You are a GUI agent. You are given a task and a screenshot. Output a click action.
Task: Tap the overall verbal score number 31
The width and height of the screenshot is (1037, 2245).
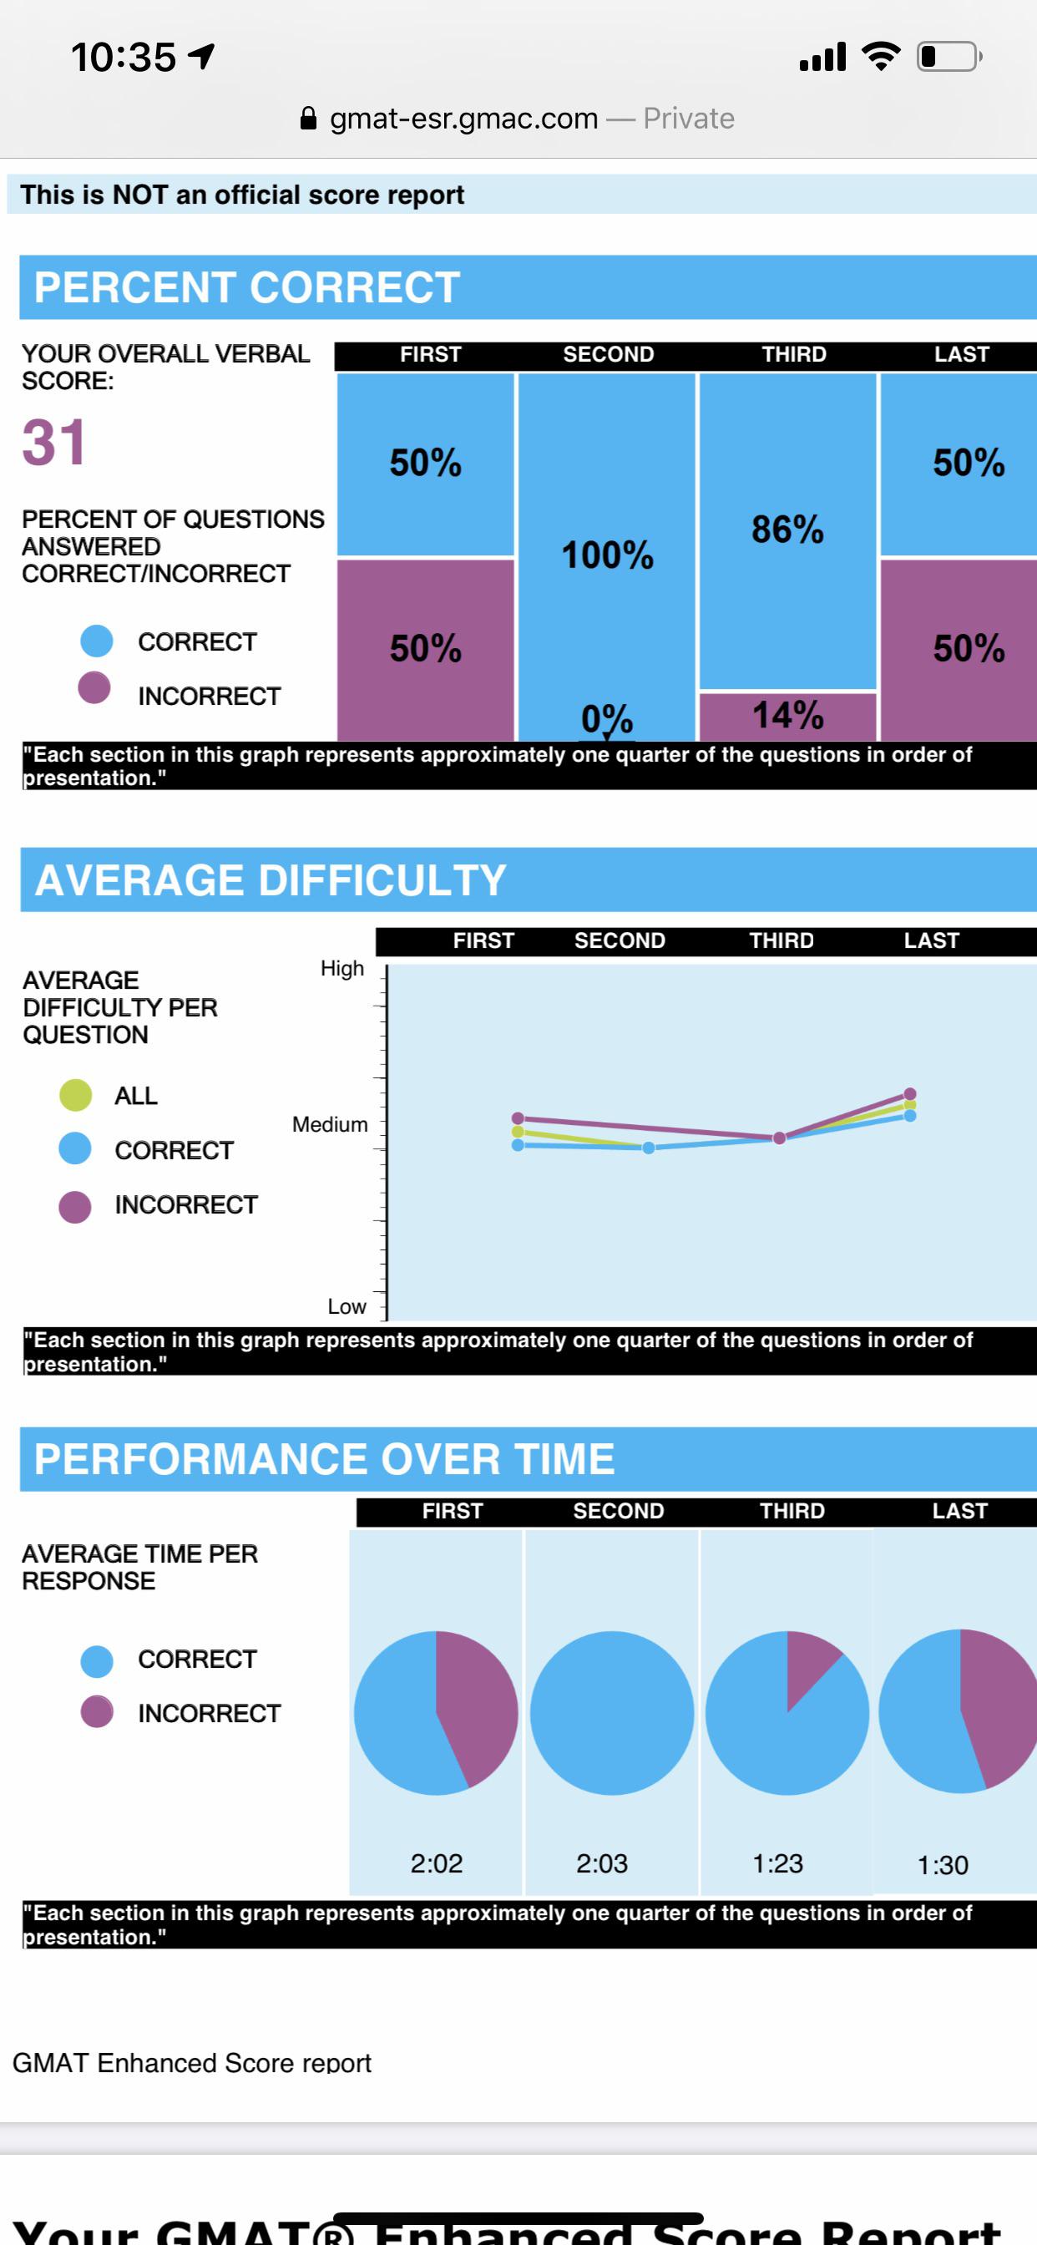(x=54, y=443)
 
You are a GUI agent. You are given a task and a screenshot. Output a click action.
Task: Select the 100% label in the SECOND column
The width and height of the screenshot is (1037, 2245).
(x=607, y=555)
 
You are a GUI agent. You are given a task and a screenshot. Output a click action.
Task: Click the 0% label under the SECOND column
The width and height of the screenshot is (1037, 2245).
(x=606, y=719)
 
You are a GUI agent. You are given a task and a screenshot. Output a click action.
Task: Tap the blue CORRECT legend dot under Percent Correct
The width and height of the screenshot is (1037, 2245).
(x=97, y=641)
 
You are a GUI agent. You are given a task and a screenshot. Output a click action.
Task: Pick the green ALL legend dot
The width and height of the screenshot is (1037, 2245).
(x=76, y=1096)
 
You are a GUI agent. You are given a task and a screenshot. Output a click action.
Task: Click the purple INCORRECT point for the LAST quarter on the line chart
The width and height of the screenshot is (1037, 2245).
(x=910, y=1094)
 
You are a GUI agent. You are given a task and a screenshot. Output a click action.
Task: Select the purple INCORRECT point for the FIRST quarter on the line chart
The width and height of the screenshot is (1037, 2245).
(x=518, y=1118)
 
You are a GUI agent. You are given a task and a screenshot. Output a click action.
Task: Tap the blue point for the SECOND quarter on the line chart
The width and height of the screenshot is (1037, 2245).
(x=649, y=1148)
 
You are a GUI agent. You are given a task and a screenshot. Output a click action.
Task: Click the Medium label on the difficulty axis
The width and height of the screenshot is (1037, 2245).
(x=330, y=1124)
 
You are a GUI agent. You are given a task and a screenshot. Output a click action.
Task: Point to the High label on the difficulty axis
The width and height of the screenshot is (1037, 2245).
(x=341, y=968)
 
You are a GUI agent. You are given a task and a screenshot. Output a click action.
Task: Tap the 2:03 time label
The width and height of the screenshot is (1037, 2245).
(x=601, y=1863)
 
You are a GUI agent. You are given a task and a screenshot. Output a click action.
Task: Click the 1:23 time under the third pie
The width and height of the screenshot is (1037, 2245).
(x=777, y=1863)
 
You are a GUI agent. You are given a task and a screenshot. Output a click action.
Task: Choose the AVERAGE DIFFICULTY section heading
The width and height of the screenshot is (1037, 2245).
(x=271, y=880)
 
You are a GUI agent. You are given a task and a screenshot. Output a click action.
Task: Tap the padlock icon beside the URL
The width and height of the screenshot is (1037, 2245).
(x=307, y=119)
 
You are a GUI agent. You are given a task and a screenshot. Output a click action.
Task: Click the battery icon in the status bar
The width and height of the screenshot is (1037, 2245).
(x=948, y=58)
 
